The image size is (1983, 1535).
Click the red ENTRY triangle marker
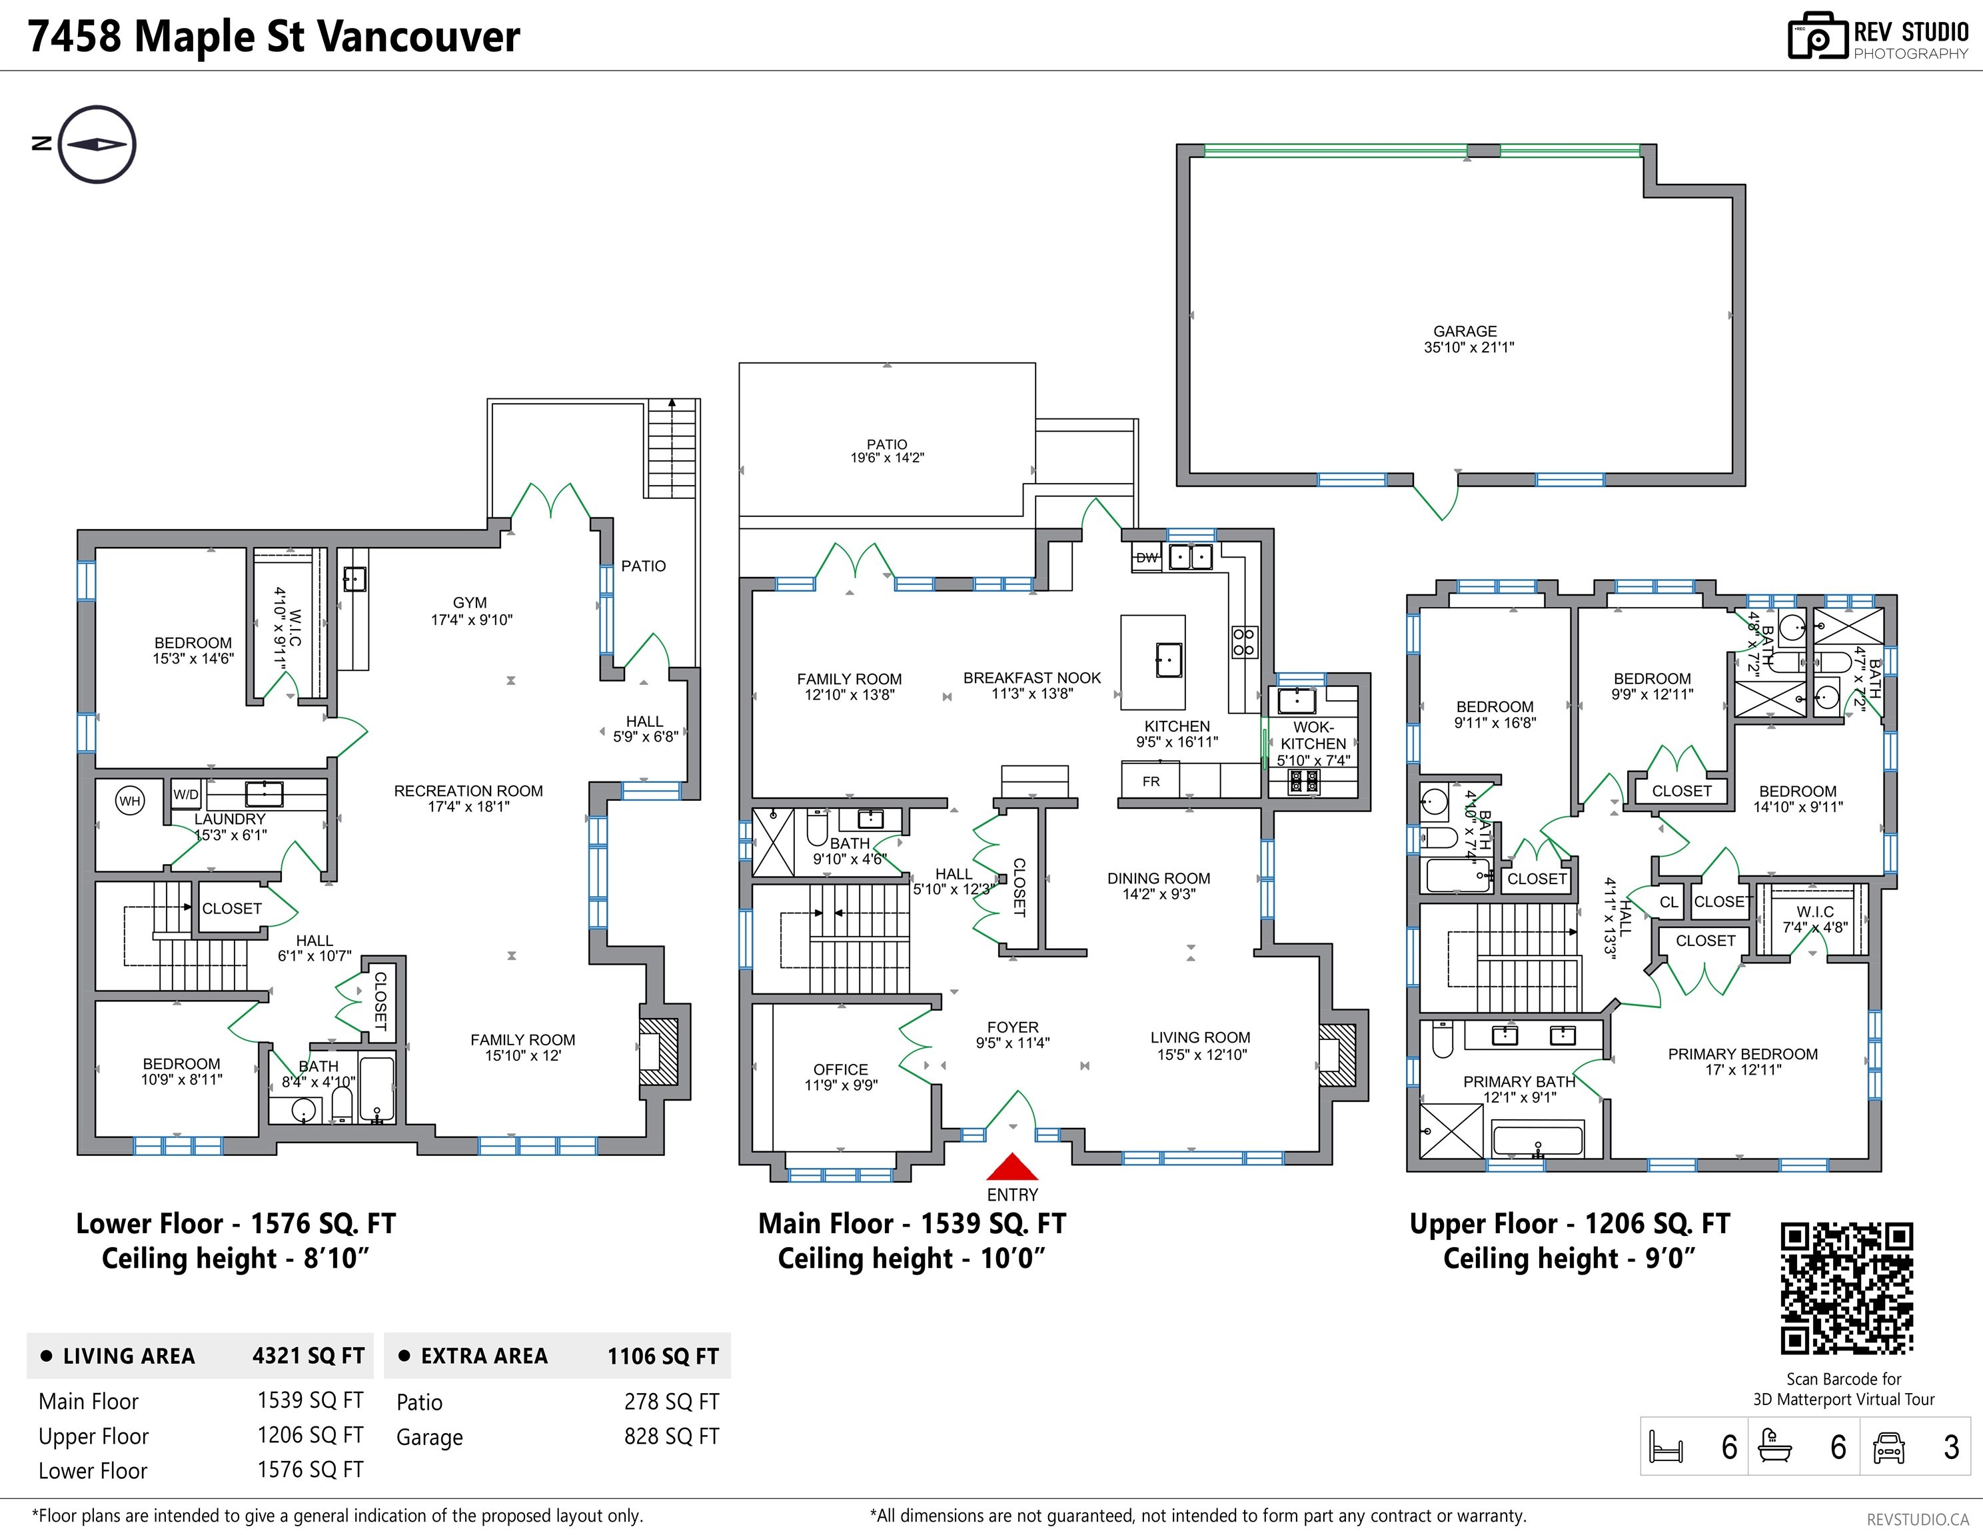(x=1011, y=1167)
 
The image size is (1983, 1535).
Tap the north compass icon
(x=97, y=145)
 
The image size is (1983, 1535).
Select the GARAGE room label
(x=1465, y=331)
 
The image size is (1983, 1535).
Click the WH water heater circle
(x=130, y=801)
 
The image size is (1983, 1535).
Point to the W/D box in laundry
(x=186, y=794)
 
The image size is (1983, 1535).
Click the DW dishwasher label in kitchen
(x=1147, y=558)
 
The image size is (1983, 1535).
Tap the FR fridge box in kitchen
(x=1150, y=781)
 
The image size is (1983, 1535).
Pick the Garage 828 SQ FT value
(x=671, y=1436)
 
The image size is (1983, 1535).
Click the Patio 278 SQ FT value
(x=671, y=1402)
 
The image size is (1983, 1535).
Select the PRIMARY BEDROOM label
(x=1742, y=1054)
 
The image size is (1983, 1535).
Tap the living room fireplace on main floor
(x=1337, y=1055)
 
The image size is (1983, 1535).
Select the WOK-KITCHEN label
(x=1313, y=736)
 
